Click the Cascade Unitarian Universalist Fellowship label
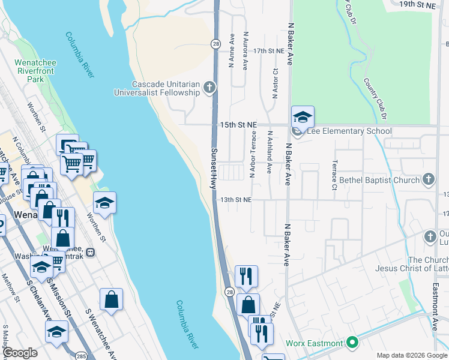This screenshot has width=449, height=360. [x=157, y=89]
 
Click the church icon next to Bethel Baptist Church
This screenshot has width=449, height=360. [x=428, y=178]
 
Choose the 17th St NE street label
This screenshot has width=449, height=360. [x=268, y=52]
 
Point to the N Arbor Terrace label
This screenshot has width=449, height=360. [x=253, y=155]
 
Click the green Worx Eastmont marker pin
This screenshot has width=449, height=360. [x=353, y=343]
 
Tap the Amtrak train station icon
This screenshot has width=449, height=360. [x=90, y=253]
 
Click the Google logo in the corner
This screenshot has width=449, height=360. [x=20, y=352]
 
